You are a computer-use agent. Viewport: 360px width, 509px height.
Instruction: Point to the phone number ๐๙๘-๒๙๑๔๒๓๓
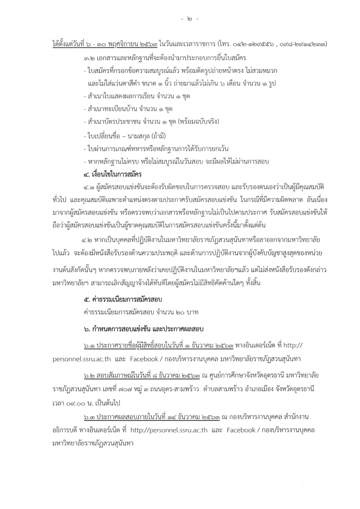tap(302, 45)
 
